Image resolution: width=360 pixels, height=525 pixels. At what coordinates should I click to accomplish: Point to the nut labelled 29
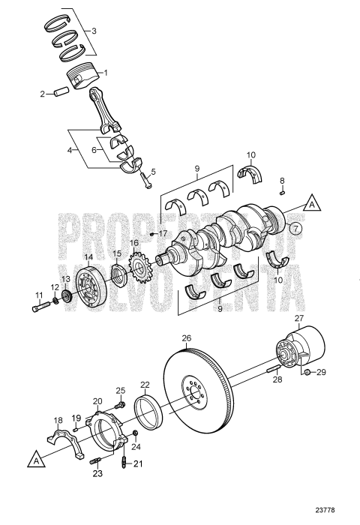[x=307, y=371]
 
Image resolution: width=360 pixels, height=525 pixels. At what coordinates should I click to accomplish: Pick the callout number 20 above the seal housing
[x=97, y=402]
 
